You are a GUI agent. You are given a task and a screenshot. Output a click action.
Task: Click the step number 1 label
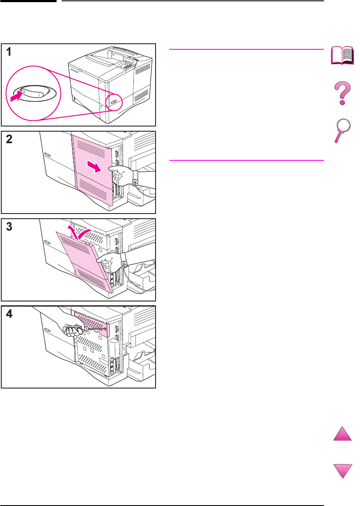(9, 52)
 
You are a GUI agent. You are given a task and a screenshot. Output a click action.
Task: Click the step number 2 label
(9, 140)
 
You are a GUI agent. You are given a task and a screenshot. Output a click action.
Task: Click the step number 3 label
(9, 228)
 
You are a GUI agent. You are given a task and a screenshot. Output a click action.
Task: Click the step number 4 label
(9, 315)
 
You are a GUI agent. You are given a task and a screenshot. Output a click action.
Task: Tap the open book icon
(343, 56)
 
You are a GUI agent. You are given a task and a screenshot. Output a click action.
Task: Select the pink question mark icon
(343, 94)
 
